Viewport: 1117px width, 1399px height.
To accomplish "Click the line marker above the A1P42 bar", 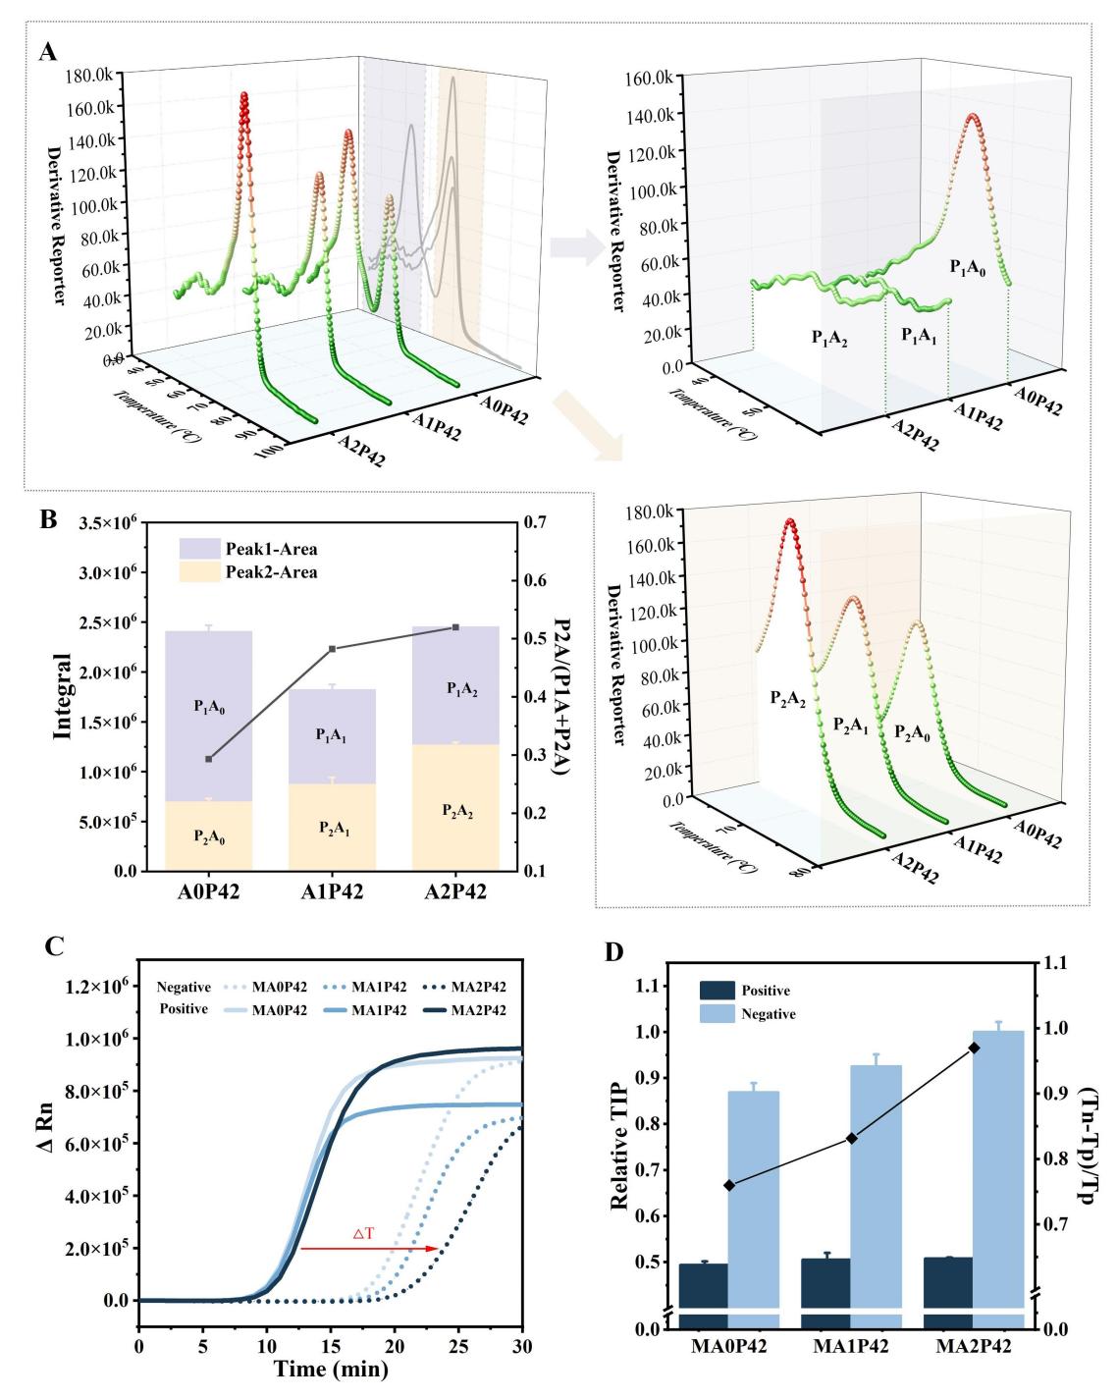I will point(332,649).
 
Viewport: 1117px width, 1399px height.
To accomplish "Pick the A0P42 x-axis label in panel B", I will point(208,894).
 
